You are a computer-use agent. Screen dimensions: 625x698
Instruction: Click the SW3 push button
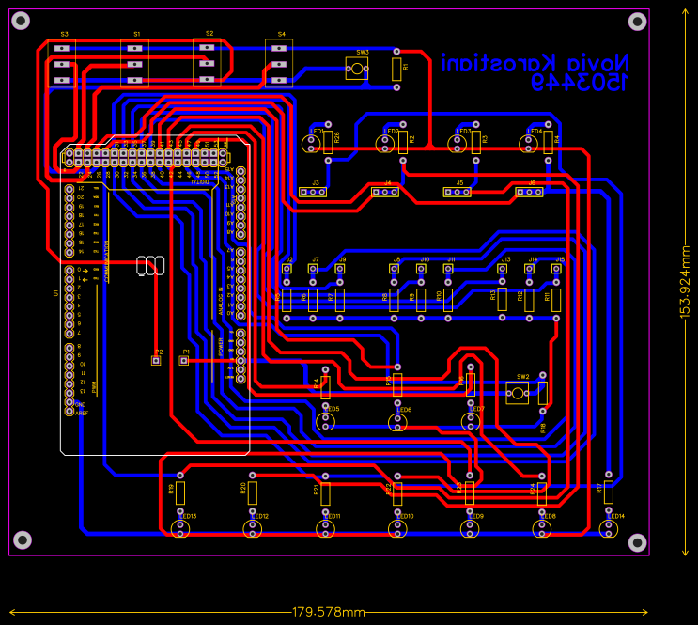356,68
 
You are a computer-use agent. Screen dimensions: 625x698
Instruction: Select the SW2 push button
516,393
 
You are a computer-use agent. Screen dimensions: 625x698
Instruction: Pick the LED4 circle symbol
528,143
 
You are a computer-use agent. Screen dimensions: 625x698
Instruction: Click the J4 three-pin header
385,193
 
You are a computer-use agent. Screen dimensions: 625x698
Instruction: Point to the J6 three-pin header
530,192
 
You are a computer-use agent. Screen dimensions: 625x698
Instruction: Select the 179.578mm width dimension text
328,612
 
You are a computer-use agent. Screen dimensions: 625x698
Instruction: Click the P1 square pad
184,360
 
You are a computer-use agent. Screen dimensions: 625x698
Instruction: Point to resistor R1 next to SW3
396,68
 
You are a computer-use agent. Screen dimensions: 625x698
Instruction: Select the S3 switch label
64,35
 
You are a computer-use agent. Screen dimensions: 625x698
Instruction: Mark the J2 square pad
287,269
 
